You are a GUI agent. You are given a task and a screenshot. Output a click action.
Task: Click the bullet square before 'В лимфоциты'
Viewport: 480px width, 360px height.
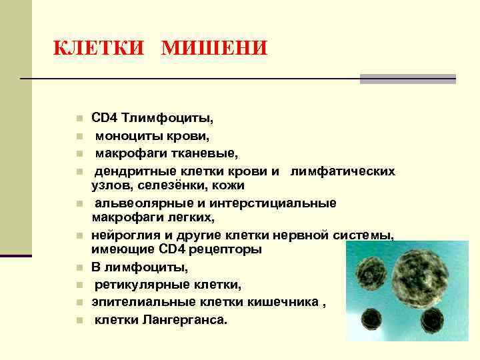(x=79, y=268)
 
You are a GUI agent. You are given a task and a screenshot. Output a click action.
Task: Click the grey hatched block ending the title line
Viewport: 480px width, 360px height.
(x=407, y=79)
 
